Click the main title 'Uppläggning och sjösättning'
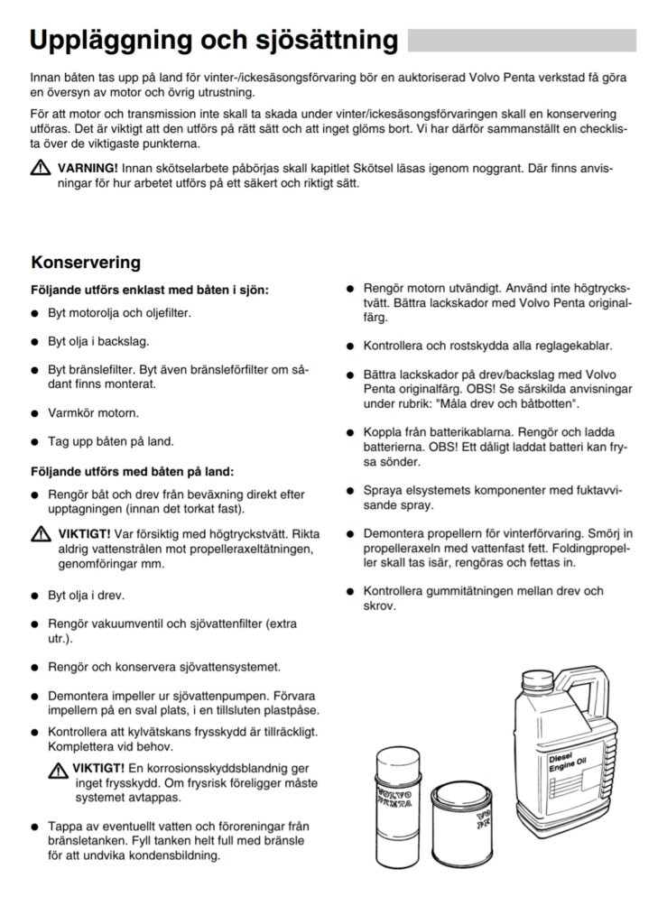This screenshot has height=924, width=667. click(x=214, y=41)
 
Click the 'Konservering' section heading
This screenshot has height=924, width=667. click(x=86, y=263)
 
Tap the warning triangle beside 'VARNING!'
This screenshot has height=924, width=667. click(x=41, y=168)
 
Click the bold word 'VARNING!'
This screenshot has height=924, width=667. click(x=88, y=168)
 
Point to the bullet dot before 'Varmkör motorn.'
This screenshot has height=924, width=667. click(x=35, y=413)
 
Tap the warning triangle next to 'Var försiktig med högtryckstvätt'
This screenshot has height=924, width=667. click(x=41, y=534)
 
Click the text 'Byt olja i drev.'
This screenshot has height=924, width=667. click(x=86, y=596)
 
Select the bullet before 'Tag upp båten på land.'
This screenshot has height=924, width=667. click(x=35, y=442)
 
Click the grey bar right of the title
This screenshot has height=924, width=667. click(x=522, y=41)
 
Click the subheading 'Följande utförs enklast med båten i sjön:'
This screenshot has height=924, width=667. click(x=150, y=291)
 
